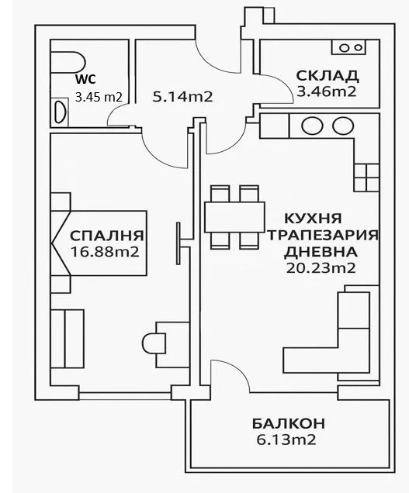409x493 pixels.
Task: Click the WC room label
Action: [x=84, y=80]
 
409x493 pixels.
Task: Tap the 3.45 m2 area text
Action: [x=99, y=98]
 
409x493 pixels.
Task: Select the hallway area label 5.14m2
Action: [x=182, y=97]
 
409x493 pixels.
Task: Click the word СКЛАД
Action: [x=327, y=76]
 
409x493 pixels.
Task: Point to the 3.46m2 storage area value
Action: [x=327, y=91]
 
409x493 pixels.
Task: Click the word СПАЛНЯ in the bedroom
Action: [x=107, y=236]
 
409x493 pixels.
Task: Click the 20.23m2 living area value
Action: [x=320, y=268]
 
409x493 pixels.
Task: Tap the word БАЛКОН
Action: [x=288, y=424]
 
